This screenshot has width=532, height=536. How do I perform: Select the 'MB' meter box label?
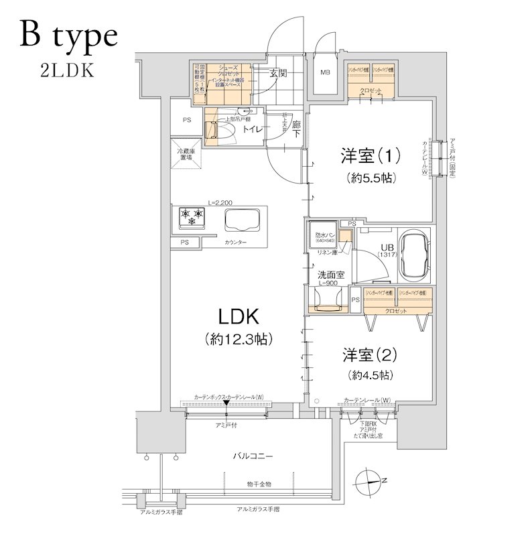click(325, 73)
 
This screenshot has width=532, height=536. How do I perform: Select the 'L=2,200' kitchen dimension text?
click(220, 202)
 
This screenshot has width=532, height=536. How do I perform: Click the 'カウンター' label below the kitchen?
click(235, 241)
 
